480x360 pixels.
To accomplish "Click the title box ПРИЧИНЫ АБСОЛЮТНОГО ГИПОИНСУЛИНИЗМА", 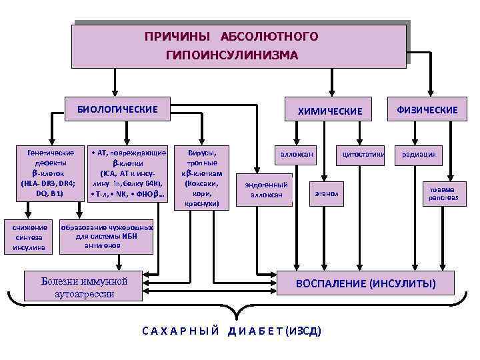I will tap(239, 45).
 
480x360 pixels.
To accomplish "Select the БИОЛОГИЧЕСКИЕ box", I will tap(118, 109).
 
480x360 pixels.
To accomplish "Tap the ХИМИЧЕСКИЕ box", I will tap(331, 111).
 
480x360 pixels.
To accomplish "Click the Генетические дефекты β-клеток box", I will tap(49, 173).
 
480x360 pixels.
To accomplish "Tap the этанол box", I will tap(327, 193).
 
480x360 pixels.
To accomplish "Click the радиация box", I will tap(419, 155).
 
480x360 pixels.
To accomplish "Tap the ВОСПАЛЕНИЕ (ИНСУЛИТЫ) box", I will tap(366, 285).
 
